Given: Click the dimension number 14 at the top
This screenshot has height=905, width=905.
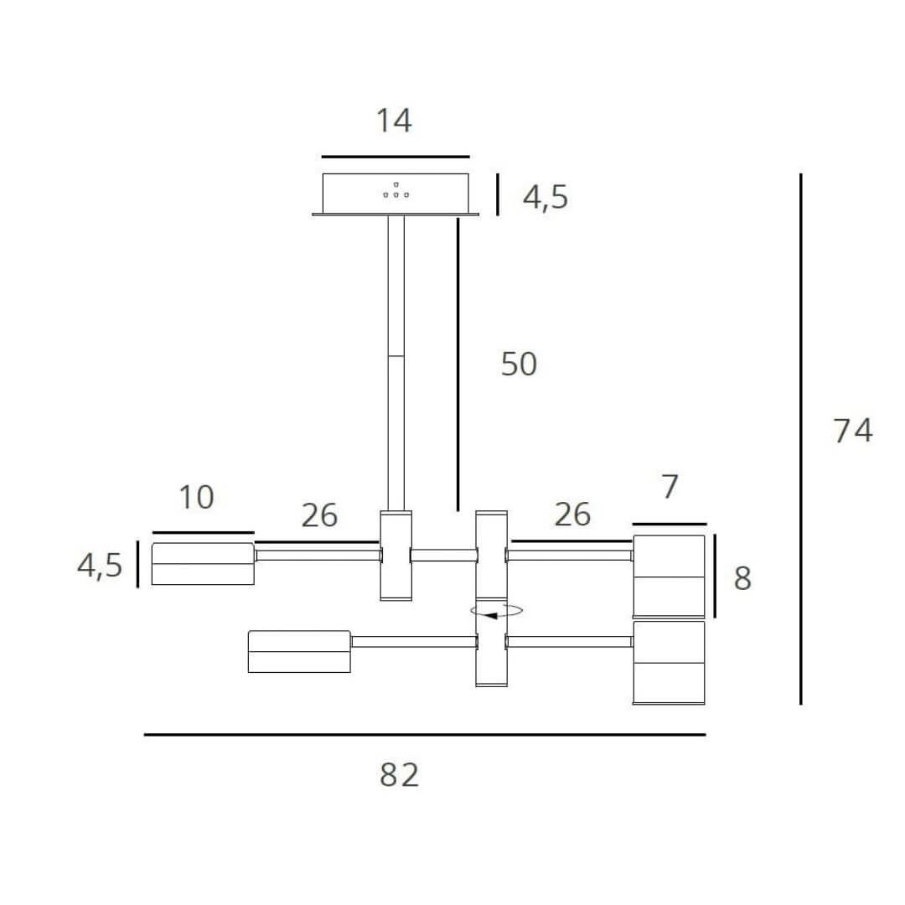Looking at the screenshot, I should coord(393,121).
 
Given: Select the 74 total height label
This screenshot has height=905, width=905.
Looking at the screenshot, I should coord(853,430).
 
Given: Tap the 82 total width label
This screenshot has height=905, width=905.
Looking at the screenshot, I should coord(399,775).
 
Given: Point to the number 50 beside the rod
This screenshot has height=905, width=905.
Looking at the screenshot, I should coord(519,365).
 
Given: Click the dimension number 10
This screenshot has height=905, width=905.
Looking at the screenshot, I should coord(196,498).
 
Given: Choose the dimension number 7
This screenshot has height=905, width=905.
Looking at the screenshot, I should coord(669,487).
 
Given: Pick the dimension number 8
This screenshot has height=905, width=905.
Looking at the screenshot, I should coord(742,578).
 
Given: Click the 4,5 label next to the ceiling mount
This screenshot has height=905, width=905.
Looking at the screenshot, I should coord(546,198).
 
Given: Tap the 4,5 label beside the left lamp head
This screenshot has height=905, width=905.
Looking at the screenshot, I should coord(100,566).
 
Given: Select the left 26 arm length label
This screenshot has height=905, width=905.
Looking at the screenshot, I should coord(319,515).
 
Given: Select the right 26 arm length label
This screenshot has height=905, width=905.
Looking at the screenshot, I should coord(572,515).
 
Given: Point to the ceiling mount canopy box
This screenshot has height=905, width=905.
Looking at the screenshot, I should coord(396,194).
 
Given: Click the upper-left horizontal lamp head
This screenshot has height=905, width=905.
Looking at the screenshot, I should coord(203,564).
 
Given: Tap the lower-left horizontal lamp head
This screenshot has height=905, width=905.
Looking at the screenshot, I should coord(299,651).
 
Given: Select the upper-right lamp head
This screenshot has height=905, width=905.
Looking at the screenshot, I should coord(669,576).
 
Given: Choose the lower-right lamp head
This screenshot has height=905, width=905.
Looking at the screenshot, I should coord(669,662).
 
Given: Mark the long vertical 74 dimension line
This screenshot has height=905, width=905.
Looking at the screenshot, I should coord(801,438).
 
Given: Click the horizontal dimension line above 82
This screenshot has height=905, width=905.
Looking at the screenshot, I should coord(425,735).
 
